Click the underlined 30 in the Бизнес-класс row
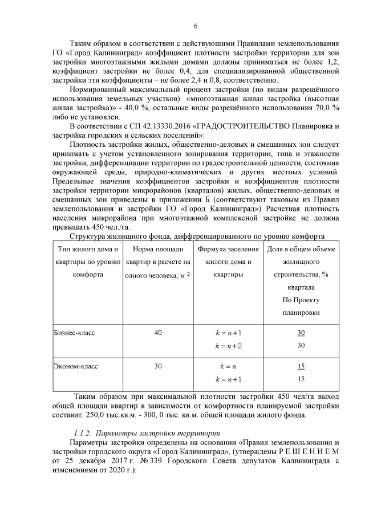click(301, 332)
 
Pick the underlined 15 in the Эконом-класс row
click(301, 366)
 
